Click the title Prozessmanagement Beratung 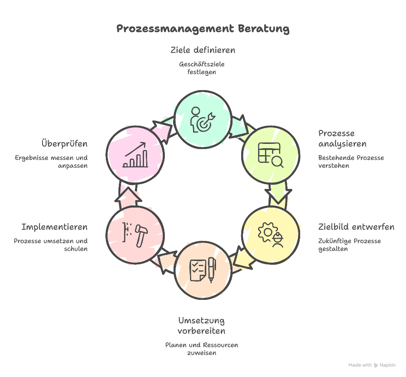[203, 29]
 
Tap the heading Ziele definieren [203, 50]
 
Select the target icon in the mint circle [202, 119]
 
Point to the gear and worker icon [270, 234]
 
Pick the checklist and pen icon [203, 270]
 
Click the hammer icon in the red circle [135, 234]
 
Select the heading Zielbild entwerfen [356, 227]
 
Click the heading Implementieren [54, 227]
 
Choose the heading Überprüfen [64, 143]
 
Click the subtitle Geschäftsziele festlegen [202, 68]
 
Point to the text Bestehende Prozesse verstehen [351, 162]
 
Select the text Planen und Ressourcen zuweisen [202, 349]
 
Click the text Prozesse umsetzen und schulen [51, 245]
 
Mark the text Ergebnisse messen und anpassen [51, 162]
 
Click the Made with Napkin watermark [372, 365]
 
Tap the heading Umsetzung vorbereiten [202, 326]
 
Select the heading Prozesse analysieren [342, 139]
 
